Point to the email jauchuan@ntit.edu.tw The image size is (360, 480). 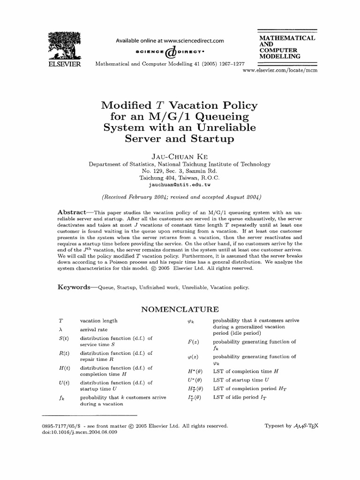click(180, 185)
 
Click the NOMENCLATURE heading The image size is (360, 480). click(180, 309)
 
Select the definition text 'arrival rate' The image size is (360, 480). click(94, 330)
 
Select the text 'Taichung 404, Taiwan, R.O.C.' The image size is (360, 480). click(180, 178)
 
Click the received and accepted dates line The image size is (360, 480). click(180, 196)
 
